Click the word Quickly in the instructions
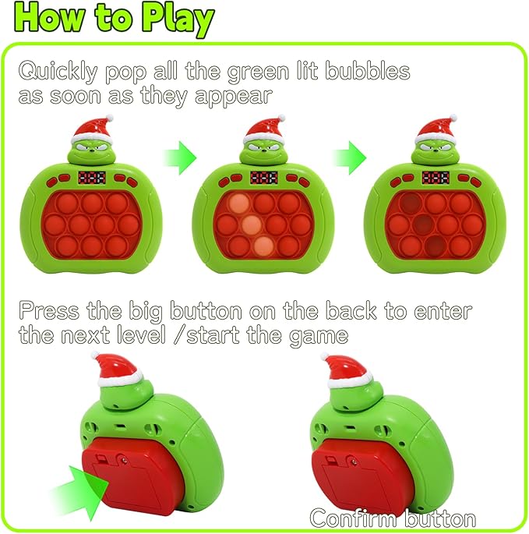pyautogui.click(x=59, y=72)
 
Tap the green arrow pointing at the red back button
pyautogui.click(x=78, y=489)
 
